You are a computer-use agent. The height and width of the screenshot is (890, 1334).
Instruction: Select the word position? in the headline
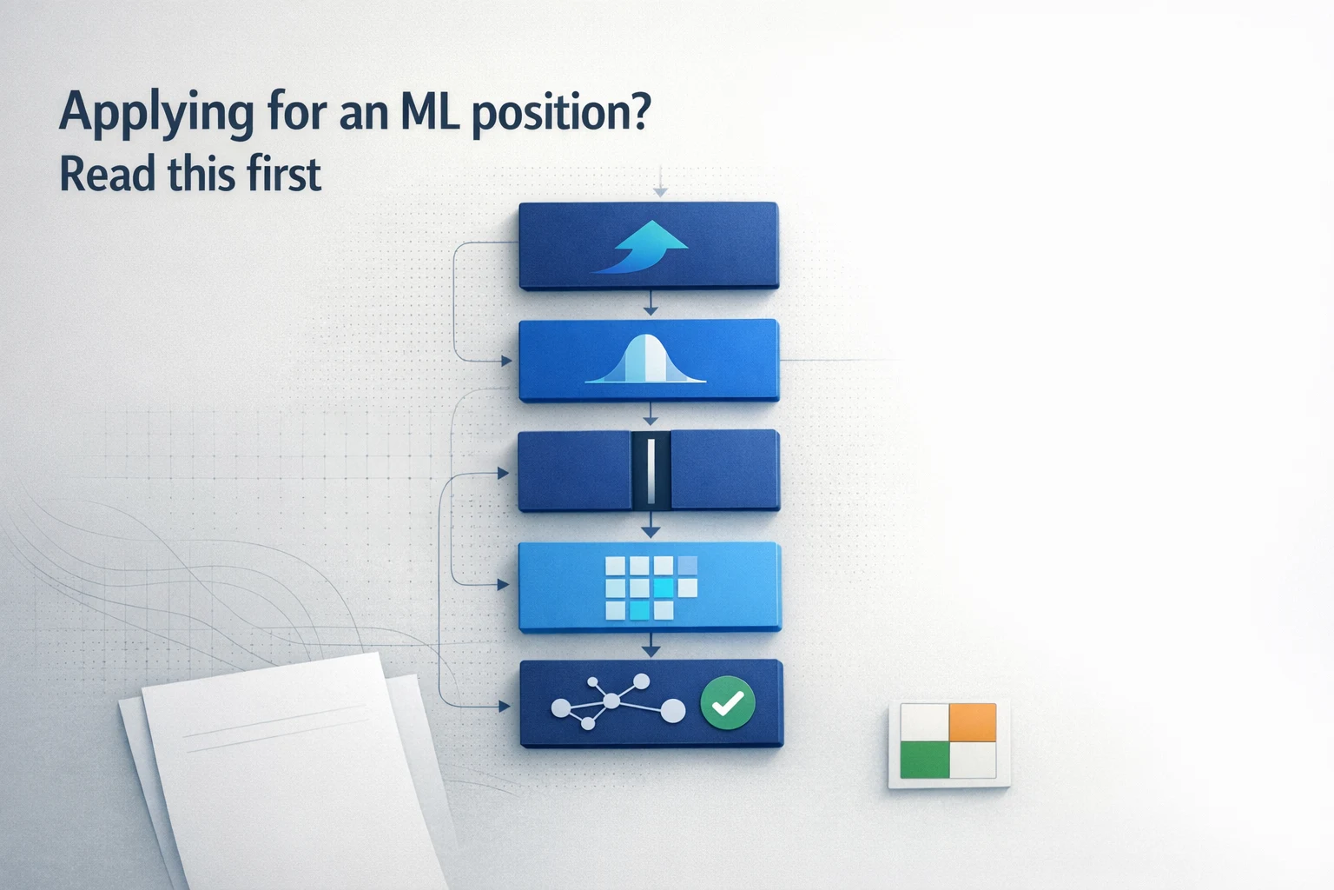point(560,114)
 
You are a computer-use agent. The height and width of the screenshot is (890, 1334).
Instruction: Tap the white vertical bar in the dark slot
point(650,470)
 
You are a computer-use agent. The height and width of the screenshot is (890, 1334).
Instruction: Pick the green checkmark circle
point(727,702)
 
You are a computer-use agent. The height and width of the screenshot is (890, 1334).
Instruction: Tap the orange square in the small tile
point(972,722)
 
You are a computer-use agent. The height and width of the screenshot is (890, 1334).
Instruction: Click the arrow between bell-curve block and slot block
point(650,415)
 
